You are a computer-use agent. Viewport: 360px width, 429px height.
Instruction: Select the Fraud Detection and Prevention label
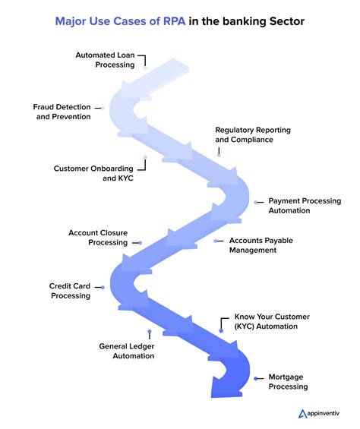62,112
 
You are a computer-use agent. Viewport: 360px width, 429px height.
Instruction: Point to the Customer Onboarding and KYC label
93,172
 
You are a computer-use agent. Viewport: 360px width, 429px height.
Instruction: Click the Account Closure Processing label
97,237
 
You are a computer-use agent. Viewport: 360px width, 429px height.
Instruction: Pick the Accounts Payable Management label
261,245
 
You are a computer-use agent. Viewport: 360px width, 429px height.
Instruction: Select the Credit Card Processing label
70,291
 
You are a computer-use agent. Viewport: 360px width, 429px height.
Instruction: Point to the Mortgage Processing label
288,381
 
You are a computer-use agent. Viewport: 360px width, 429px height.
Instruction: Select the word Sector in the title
284,21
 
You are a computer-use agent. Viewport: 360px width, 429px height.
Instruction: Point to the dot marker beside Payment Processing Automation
257,202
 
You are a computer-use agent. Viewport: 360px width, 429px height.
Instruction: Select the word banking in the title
238,21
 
